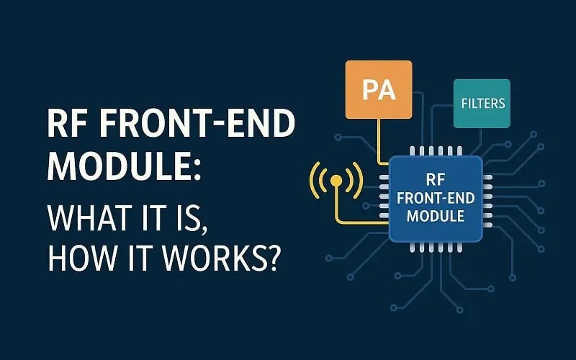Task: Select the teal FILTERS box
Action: tap(482, 104)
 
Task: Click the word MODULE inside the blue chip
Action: tap(435, 216)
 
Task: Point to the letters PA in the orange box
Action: tap(379, 91)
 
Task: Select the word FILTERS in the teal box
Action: tap(482, 104)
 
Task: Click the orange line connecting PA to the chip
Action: tap(378, 140)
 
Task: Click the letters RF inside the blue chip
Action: tap(435, 180)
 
